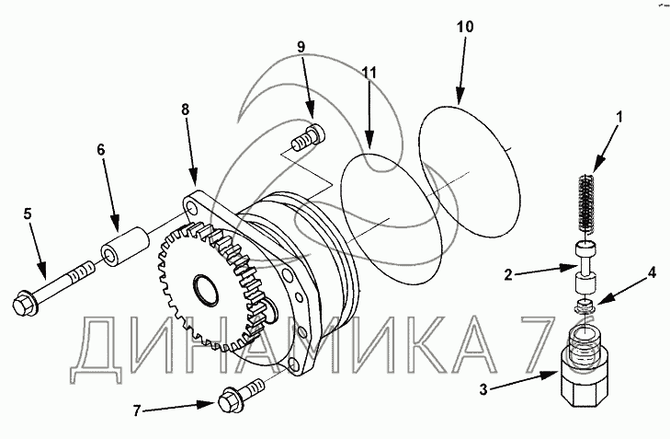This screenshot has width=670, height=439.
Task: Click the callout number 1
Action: pyautogui.click(x=619, y=117)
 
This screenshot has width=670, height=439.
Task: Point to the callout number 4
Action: pyautogui.click(x=653, y=272)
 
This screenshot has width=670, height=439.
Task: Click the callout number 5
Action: pyautogui.click(x=28, y=214)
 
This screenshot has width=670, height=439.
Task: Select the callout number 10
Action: pyautogui.click(x=465, y=27)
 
